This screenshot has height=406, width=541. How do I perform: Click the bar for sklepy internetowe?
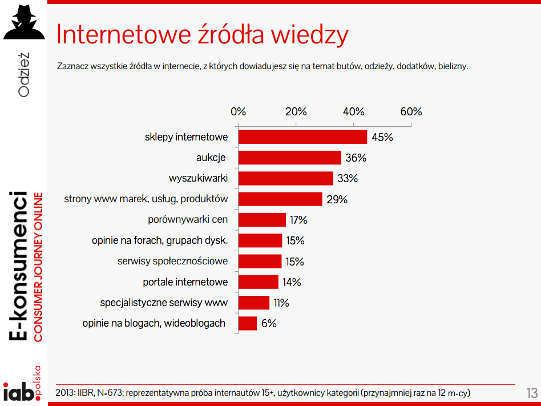302,137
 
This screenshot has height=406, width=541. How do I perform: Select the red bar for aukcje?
289,158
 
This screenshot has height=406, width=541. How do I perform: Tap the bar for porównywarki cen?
262,220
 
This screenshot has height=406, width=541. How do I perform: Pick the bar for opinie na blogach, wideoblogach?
247,323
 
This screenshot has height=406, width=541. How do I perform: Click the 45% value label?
382,138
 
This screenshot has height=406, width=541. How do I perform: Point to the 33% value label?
348,179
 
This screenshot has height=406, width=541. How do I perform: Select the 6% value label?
269,324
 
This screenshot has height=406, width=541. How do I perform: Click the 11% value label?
281,303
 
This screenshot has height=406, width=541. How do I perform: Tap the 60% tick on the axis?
411,112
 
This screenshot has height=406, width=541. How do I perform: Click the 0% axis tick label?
238,112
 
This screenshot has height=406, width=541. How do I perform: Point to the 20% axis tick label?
296,112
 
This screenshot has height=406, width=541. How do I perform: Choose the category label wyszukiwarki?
198,179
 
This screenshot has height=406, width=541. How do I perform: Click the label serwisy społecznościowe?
172,262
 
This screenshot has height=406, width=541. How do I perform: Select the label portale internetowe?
185,282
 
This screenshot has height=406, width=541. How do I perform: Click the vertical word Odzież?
23,75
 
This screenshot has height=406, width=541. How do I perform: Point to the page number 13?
532,393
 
